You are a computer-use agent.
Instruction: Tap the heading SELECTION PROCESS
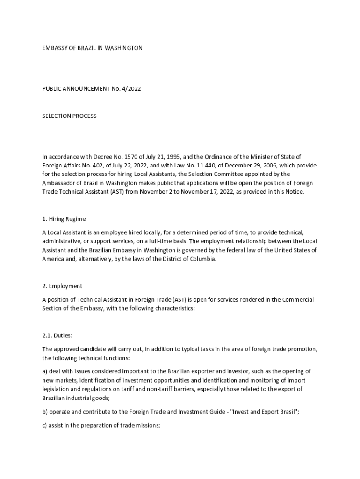(x=69, y=116)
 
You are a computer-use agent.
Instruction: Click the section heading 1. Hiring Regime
(x=64, y=219)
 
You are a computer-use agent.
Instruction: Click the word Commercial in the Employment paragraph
(x=298, y=299)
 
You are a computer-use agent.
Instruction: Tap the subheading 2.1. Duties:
(x=58, y=335)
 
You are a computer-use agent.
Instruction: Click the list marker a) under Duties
(x=45, y=371)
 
